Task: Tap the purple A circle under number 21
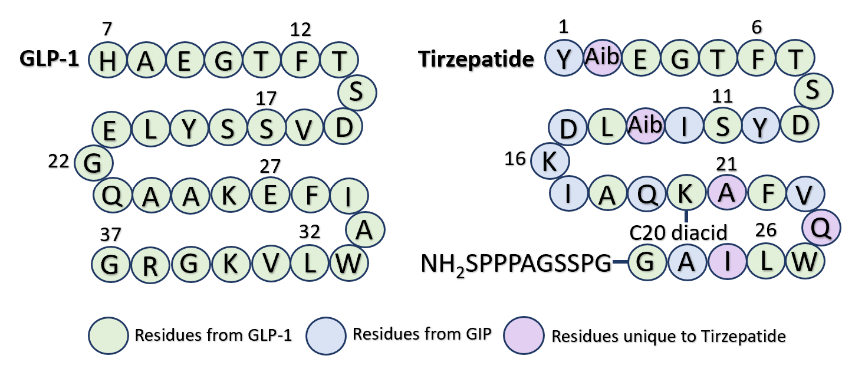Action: (x=726, y=193)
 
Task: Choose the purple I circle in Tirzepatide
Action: (x=726, y=262)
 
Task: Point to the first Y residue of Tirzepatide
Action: (x=564, y=60)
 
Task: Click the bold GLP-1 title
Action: (x=50, y=60)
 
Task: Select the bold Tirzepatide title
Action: (x=476, y=60)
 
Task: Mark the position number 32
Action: (x=310, y=232)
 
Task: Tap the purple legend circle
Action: (x=524, y=335)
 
